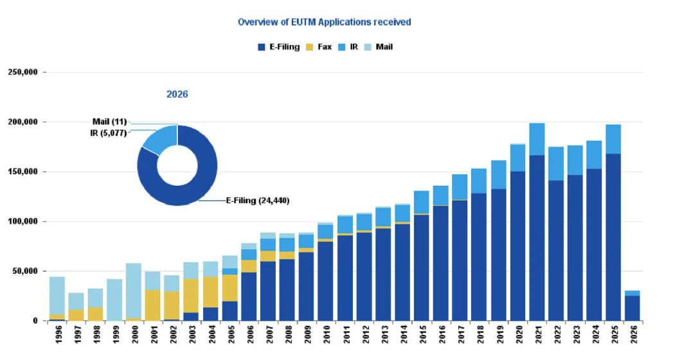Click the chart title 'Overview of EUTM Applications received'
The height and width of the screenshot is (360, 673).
coord(324,22)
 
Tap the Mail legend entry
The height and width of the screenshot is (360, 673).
coord(379,47)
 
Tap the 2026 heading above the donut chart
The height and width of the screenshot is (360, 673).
coord(177,94)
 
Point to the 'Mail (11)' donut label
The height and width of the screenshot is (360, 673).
coord(109,121)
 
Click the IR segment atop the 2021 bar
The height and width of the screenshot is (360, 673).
coord(537,139)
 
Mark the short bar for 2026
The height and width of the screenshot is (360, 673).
coord(633,307)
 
